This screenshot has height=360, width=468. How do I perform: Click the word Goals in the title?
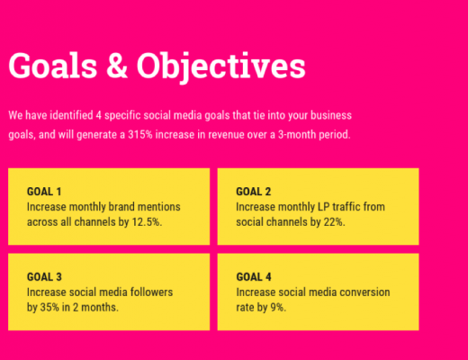[x=53, y=66]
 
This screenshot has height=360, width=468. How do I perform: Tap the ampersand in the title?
[x=117, y=66]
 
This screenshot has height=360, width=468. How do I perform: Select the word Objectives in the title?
[x=221, y=67]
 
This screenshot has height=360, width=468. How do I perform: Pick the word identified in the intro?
[x=71, y=115]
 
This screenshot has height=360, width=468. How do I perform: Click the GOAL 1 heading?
[x=44, y=192]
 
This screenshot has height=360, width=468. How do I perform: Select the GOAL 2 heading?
[x=254, y=192]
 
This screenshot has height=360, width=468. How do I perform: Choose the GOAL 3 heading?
[x=44, y=277]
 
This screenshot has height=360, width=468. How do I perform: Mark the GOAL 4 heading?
[x=254, y=277]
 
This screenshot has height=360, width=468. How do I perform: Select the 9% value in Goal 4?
[x=278, y=308]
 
